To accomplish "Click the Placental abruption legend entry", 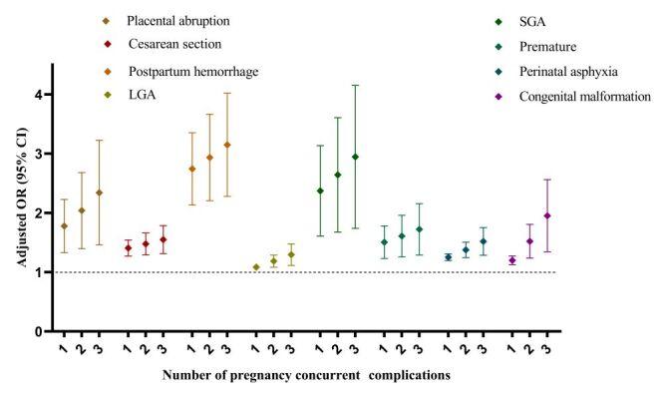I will point(174,20).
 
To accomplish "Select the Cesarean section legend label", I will point(174,45).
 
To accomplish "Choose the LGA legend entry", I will point(142,96).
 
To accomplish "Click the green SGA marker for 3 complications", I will point(355,157).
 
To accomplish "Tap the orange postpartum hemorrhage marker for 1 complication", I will point(191,169).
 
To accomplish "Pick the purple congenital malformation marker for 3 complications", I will point(547,215).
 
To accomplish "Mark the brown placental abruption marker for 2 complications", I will point(82,210).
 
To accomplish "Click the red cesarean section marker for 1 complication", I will point(128,247).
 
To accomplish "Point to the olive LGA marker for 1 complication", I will point(256,267).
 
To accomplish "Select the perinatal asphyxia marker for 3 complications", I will point(484,241).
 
